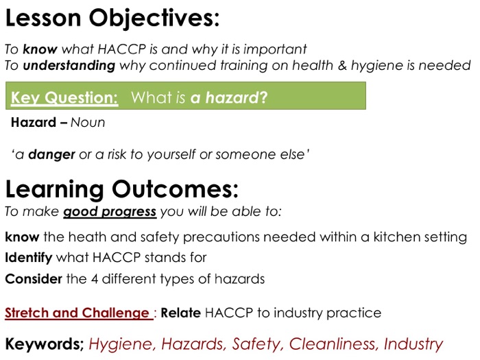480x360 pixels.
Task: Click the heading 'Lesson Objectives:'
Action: pos(112,19)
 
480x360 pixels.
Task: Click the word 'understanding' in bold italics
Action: pos(69,66)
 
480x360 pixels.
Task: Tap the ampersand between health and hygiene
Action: pos(342,66)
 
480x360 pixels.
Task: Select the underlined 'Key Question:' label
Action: pos(64,97)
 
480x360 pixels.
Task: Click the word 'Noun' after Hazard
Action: pos(88,123)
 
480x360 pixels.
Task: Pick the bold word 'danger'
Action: pos(51,154)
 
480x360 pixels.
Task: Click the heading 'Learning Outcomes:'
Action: pos(122,189)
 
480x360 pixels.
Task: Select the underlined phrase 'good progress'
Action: pos(110,212)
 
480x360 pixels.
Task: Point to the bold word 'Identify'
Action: pos(29,258)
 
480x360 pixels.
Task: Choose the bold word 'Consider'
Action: pos(34,279)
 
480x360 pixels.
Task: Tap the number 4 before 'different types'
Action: pos(95,279)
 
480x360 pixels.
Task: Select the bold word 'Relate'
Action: pos(180,313)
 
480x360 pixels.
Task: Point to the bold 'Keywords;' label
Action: pos(45,344)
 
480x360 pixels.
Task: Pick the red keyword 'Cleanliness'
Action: pos(333,344)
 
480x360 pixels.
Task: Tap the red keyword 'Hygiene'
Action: pos(121,344)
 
